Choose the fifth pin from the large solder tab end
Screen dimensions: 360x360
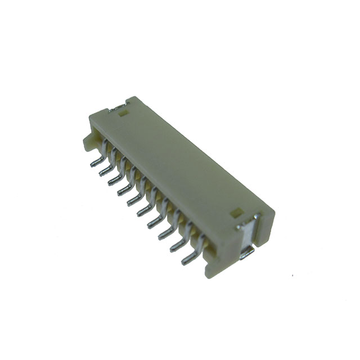pos(143,210)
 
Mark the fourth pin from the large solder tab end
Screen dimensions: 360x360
pos(153,222)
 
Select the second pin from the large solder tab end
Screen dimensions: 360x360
pos(175,244)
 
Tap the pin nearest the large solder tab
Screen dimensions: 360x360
pos(187,258)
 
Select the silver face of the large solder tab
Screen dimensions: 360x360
pos(246,235)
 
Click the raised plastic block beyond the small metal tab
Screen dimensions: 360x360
pos(133,102)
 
